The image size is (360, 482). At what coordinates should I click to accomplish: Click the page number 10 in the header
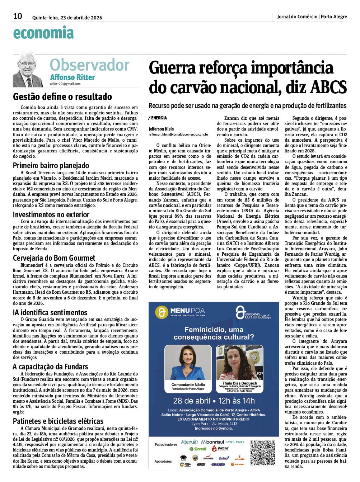[x=18, y=16]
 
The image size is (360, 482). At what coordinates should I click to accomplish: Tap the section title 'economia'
[x=43, y=33]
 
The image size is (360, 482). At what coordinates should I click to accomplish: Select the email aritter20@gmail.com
[x=65, y=84]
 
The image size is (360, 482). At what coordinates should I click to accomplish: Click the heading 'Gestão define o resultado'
[x=62, y=96]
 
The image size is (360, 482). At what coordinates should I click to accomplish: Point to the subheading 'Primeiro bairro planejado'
[x=51, y=165]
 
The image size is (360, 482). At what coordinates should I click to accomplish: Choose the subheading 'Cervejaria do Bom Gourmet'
[x=54, y=258]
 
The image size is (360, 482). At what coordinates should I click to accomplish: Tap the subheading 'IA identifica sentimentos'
[x=50, y=312]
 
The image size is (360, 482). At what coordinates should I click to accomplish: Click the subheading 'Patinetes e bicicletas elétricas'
[x=58, y=421]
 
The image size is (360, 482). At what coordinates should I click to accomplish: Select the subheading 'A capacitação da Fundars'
[x=50, y=367]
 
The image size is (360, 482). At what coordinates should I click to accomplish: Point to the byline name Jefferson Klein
[x=161, y=129]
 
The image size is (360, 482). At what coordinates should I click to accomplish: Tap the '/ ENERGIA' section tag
[x=157, y=118]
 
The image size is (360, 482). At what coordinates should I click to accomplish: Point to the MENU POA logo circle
[x=162, y=312]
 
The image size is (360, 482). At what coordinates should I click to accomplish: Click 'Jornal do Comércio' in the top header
[x=297, y=16]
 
